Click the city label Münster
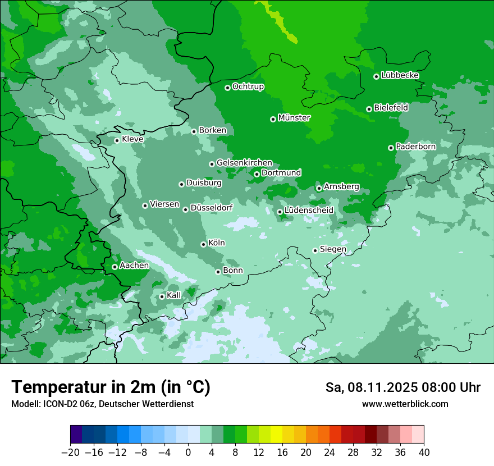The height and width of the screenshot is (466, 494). coord(294,118)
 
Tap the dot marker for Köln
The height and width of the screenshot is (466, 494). coord(203,244)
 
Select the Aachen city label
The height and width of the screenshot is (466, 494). coord(134,266)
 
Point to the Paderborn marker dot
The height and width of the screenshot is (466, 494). coord(391,148)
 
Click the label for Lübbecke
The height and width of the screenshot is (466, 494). coord(400,75)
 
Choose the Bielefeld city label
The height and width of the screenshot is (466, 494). coord(391,107)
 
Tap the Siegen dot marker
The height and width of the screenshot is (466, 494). coord(315,250)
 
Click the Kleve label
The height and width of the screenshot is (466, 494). coord(132,139)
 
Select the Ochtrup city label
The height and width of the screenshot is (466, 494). coord(248,86)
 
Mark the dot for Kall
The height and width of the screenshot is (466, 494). coord(162,296)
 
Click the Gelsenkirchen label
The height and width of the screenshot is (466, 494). coord(244,163)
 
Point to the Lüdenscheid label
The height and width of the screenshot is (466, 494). coord(309,211)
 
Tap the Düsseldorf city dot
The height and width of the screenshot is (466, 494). coord(185,209)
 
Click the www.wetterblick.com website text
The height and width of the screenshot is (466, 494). coord(405,404)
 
